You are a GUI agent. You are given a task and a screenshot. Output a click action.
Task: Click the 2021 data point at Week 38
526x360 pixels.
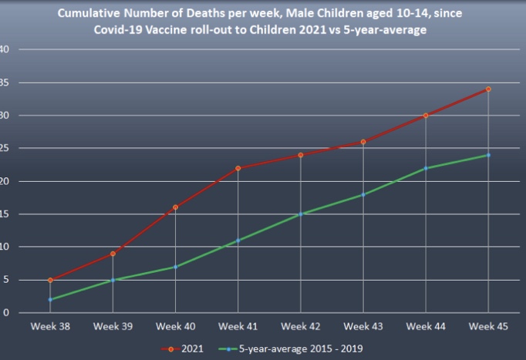click(50, 280)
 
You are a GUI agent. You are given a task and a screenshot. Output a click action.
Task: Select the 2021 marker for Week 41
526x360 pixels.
click(238, 168)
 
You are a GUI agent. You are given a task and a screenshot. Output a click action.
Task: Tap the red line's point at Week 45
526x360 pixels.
click(488, 89)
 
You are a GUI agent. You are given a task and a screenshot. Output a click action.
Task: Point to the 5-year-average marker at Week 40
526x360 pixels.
click(175, 267)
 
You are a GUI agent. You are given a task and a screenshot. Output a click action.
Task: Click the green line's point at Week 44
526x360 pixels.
click(426, 168)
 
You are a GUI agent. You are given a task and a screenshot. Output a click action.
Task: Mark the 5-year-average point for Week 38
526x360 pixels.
click(50, 299)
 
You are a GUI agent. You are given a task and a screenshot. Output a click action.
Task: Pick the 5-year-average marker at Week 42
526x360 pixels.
click(301, 214)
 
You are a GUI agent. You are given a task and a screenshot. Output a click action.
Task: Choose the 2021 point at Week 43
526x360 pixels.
click(363, 142)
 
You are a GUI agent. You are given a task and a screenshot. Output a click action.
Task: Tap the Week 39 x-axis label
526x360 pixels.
click(113, 327)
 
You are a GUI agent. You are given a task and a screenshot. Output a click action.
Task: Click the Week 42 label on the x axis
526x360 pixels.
click(301, 327)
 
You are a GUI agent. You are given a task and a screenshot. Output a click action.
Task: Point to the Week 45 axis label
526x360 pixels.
click(488, 327)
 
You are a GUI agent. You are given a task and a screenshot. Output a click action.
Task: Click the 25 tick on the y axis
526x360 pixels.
click(5, 148)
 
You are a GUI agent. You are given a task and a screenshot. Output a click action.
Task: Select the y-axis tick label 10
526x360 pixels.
click(5, 247)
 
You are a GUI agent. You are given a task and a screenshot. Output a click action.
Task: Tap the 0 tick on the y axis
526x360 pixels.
click(5, 313)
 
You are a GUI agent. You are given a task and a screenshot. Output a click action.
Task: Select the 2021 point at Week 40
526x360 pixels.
click(175, 207)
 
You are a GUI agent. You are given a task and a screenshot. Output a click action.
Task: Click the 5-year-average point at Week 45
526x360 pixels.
click(488, 155)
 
